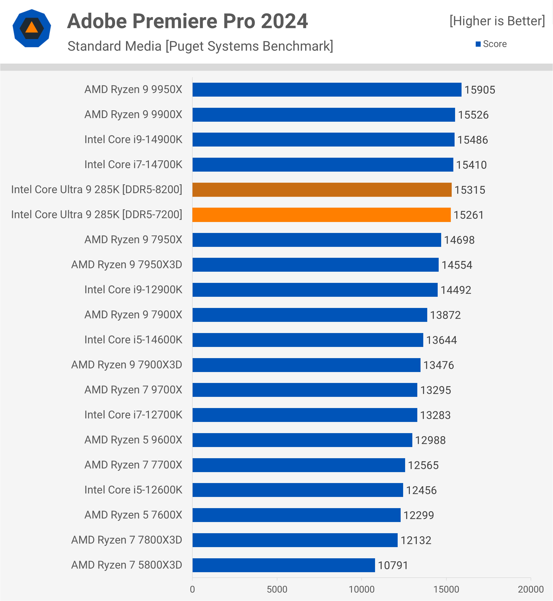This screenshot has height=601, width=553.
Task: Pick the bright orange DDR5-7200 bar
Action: click(321, 215)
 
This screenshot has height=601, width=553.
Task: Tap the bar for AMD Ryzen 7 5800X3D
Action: click(283, 565)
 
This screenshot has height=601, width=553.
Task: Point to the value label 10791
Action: click(393, 565)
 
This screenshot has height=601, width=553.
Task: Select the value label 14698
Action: click(459, 240)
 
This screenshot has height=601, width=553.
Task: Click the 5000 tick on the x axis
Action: click(277, 589)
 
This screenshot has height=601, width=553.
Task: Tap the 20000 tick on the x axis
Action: click(531, 589)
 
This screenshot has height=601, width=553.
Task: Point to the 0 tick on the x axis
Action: click(192, 589)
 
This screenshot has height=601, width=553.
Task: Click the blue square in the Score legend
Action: click(478, 44)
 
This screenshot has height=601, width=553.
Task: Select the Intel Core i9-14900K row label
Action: click(133, 140)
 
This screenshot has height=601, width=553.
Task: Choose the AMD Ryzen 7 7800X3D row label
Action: click(127, 540)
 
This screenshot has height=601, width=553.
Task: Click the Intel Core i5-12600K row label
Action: click(133, 490)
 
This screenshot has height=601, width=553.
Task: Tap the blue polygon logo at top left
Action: click(32, 28)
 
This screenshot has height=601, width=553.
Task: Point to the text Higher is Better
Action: click(497, 21)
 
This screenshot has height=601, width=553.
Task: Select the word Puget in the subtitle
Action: click(185, 46)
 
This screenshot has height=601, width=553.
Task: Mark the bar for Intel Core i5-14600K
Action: click(308, 340)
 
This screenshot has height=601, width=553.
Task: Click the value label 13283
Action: click(435, 415)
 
